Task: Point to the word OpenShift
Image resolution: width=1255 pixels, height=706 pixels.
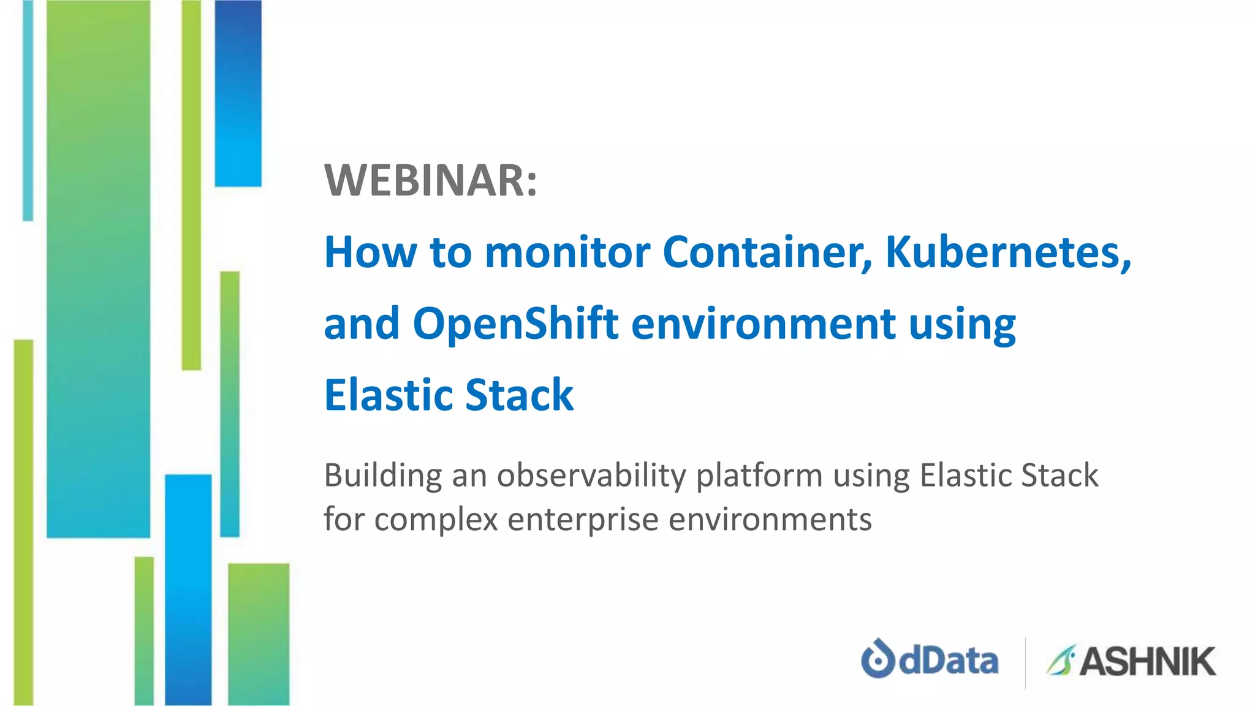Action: tap(515, 324)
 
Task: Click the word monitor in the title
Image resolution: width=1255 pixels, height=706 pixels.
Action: tap(567, 252)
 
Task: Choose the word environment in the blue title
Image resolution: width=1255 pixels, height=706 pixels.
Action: tap(763, 324)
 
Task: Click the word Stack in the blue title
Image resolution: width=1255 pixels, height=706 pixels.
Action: tap(520, 395)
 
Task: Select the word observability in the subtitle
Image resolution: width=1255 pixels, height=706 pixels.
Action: tap(591, 476)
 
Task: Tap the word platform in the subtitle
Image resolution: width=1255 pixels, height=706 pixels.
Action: tap(759, 476)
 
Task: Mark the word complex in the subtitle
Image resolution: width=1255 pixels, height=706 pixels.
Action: tap(436, 520)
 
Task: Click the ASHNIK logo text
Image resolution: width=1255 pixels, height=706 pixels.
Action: tap(1147, 662)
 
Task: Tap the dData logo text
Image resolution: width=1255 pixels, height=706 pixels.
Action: tap(949, 661)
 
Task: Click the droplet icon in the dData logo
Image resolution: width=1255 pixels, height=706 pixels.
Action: tap(878, 658)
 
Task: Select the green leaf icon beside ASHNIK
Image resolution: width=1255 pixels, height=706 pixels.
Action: tap(1061, 660)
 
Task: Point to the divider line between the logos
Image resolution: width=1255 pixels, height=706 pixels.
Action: tap(1025, 662)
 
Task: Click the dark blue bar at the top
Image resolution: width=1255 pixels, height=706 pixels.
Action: tap(238, 92)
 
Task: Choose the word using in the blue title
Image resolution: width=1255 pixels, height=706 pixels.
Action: tap(962, 324)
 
